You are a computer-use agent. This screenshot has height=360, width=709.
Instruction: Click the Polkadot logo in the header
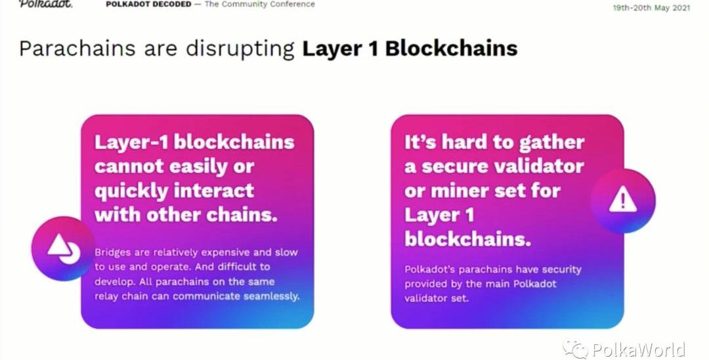point(45,4)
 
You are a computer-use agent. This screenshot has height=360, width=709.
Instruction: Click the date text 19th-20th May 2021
point(651,8)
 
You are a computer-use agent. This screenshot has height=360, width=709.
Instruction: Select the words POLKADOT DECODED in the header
point(148,4)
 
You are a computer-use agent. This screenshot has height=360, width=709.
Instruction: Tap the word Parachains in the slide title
point(77,49)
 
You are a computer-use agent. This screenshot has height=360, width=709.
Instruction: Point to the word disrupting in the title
point(240,49)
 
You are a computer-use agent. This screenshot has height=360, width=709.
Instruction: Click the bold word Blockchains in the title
point(451,49)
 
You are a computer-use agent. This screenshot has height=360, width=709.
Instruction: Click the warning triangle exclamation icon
point(622,200)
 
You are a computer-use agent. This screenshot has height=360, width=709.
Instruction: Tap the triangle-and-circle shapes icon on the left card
point(64,249)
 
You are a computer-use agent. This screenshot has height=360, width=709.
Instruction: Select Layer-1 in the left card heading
point(131,142)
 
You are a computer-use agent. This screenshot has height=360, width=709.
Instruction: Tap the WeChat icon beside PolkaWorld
point(574,348)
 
